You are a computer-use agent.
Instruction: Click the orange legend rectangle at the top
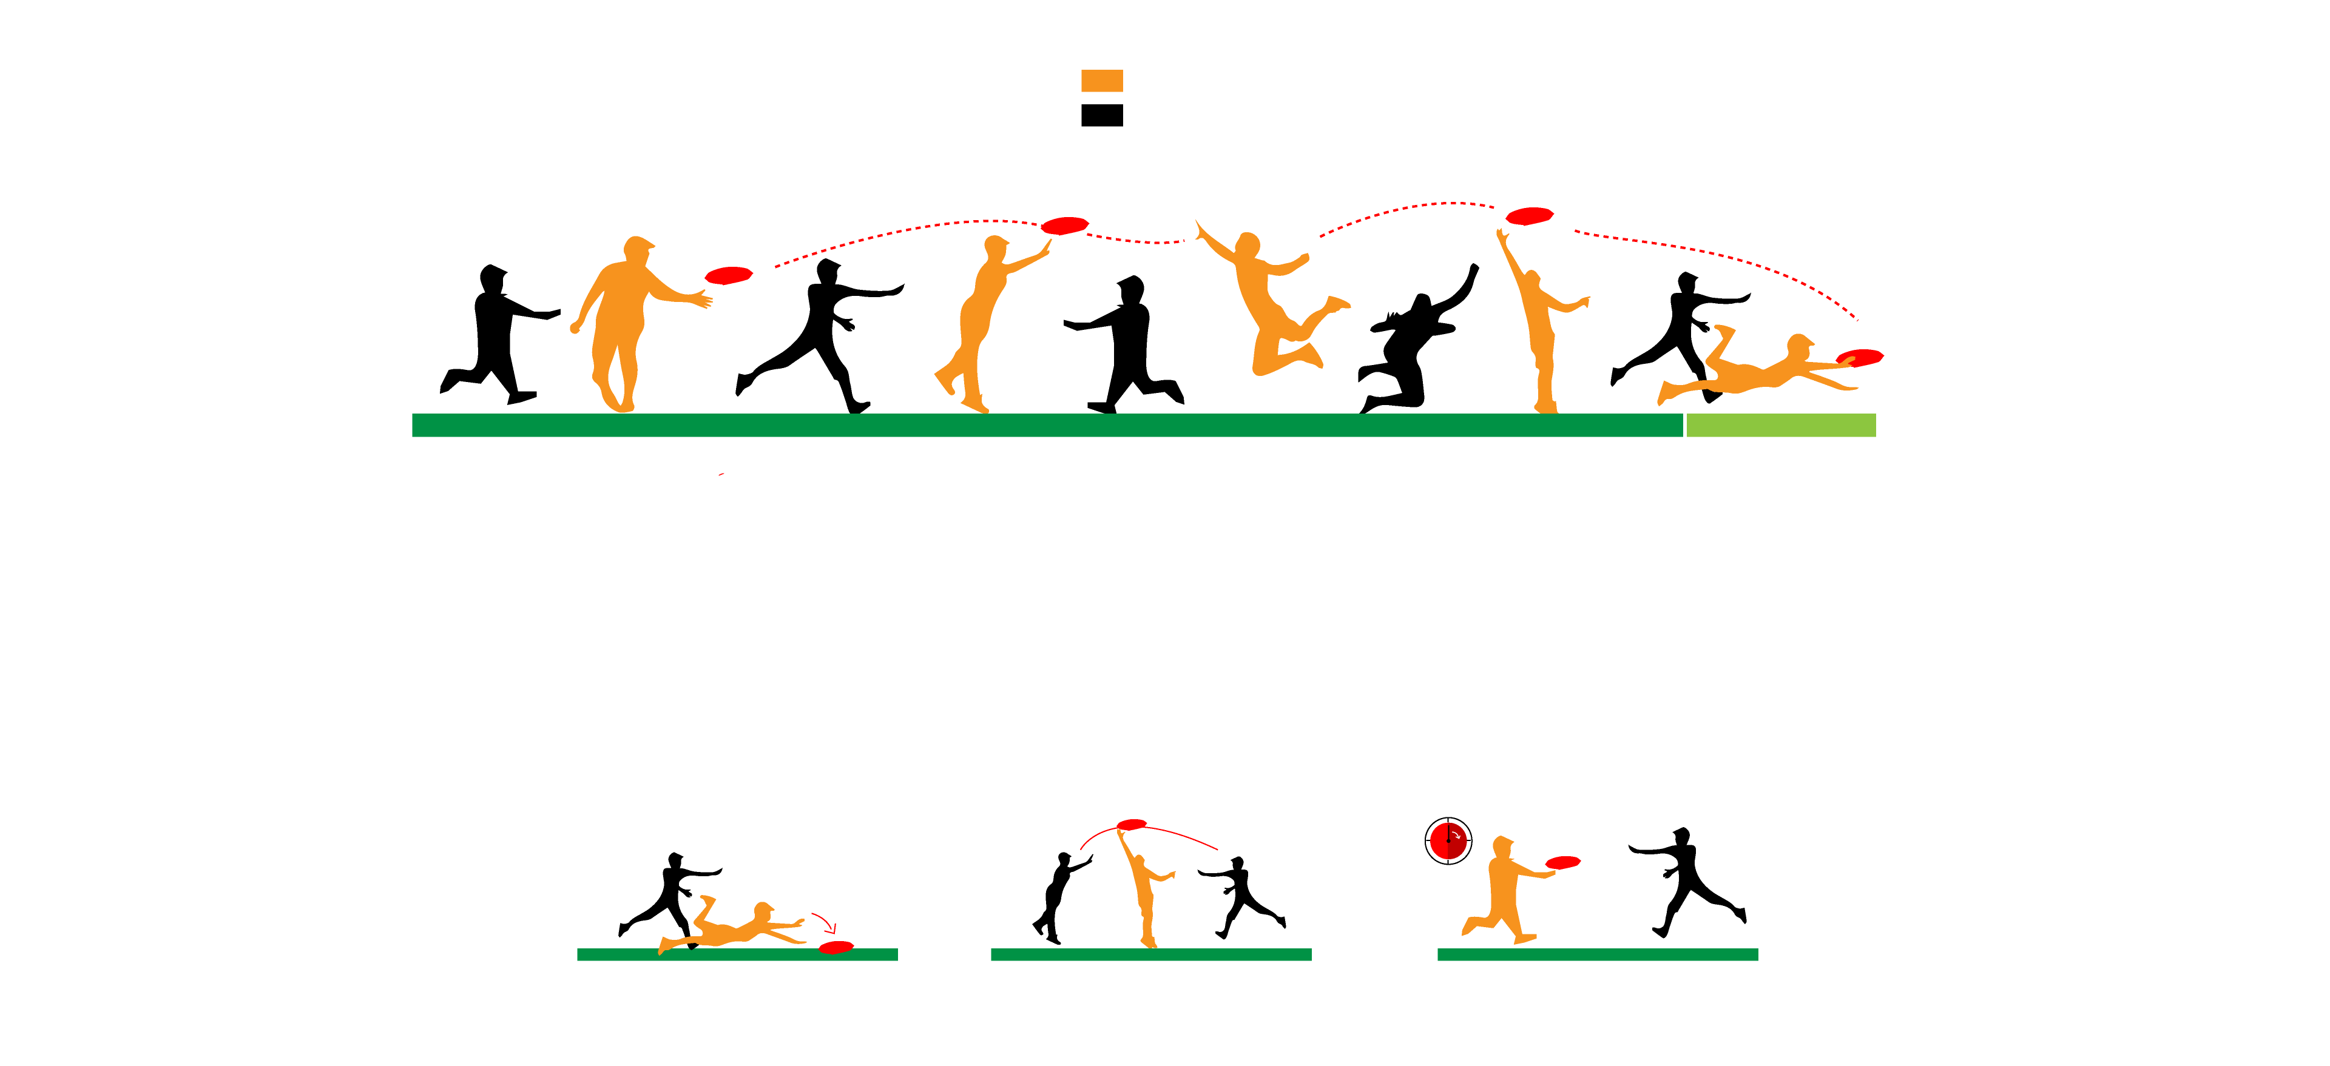pyautogui.click(x=1102, y=81)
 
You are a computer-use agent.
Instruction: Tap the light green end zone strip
pyautogui.click(x=1780, y=425)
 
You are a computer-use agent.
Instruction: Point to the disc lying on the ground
pyautogui.click(x=836, y=947)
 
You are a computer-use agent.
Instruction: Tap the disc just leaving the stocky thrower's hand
pyautogui.click(x=728, y=275)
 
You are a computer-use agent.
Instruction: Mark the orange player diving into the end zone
pyautogui.click(x=1759, y=370)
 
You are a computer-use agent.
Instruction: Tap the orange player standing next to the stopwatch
pyautogui.click(x=1504, y=891)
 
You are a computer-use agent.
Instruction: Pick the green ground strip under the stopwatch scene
pyautogui.click(x=1598, y=954)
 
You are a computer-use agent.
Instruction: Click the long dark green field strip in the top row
pyautogui.click(x=1047, y=425)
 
